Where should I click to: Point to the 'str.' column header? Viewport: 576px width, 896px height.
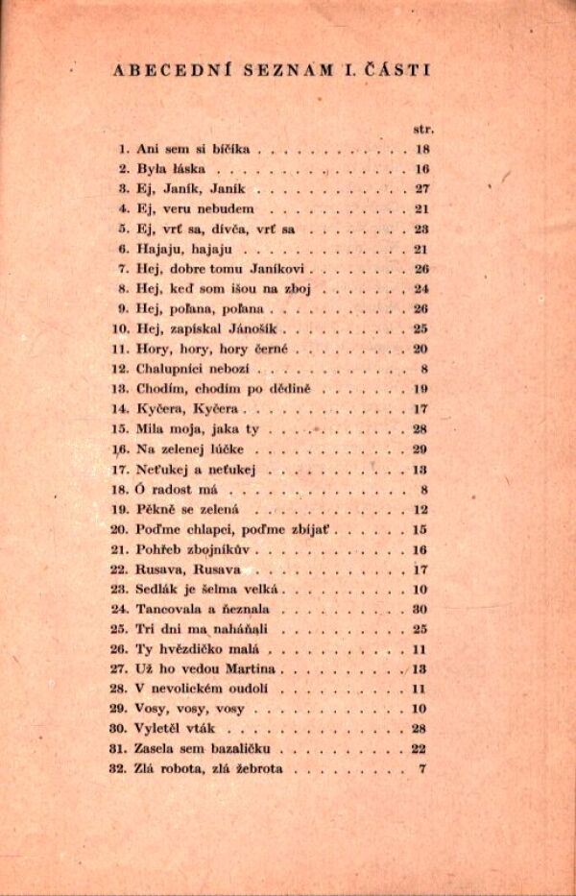[421, 127]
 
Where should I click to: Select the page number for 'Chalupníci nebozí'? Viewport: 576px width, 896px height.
[422, 369]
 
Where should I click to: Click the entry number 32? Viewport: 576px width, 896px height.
[120, 768]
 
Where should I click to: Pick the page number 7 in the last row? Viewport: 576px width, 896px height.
[422, 768]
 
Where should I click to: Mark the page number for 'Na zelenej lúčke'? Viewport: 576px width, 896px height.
[420, 448]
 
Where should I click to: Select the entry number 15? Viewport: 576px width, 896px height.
[120, 428]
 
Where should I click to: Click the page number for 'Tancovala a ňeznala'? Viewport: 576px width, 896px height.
[420, 609]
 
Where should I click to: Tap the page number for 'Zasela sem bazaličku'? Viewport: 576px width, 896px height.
[420, 748]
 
